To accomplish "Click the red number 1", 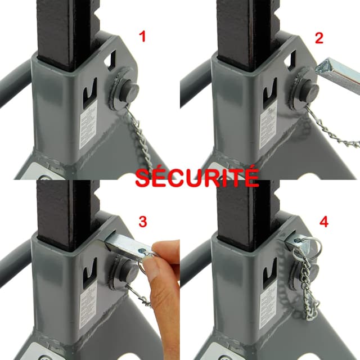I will [143, 38].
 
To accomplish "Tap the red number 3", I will [143, 222].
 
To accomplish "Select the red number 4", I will [323, 222].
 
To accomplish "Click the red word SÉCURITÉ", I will [197, 178].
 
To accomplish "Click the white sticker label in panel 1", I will [87, 128].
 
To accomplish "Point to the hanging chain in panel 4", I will [309, 292].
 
